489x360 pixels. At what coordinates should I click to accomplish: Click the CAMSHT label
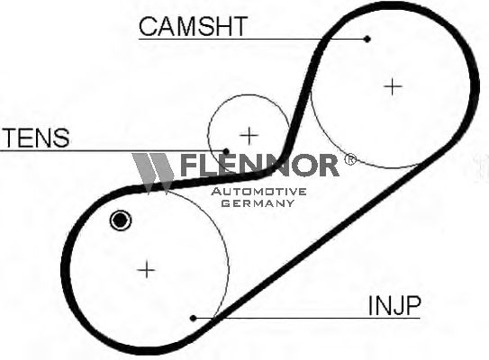pos(193,26)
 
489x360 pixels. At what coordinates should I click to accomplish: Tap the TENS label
pos(37,138)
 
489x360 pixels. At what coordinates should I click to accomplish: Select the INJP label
pos(394,305)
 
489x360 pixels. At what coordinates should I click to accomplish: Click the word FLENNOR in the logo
pos(259,165)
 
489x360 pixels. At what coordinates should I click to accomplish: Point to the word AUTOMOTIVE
pos(258,192)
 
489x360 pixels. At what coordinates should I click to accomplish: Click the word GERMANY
pos(258,203)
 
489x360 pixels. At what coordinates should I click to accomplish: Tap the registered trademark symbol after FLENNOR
pos(349,159)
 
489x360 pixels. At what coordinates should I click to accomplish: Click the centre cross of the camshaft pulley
pos(393,86)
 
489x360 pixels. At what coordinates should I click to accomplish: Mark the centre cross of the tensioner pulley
pos(249,136)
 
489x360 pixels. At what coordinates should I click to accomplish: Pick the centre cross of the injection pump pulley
pos(146,269)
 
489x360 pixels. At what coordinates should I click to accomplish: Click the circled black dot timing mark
pos(121,220)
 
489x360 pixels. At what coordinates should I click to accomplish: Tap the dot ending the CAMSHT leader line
pos(367,39)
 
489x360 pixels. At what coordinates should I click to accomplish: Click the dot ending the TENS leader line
pos(226,152)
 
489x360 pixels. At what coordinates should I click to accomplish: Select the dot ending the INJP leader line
pos(193,318)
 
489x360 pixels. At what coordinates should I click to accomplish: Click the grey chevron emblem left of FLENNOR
pos(152,174)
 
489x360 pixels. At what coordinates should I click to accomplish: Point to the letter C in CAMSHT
pos(147,26)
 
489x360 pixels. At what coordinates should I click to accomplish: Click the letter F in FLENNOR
pos(189,166)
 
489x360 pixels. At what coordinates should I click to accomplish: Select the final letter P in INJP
pos(413,305)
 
